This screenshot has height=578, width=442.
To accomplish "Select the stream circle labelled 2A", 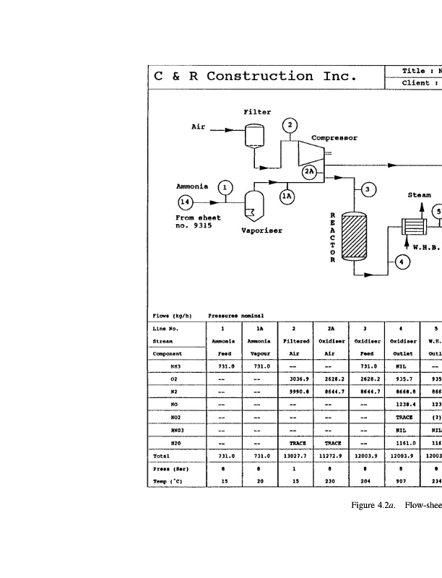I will click(x=310, y=171).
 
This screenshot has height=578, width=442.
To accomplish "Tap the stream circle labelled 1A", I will click(x=287, y=196).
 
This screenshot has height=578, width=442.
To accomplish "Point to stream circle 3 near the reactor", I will click(x=368, y=189).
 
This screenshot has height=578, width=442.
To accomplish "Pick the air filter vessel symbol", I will click(x=253, y=134).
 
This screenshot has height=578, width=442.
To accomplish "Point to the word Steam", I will click(x=420, y=195).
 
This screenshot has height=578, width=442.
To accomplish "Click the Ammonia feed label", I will click(x=192, y=186).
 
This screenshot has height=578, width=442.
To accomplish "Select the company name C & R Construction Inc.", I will click(x=254, y=77).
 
